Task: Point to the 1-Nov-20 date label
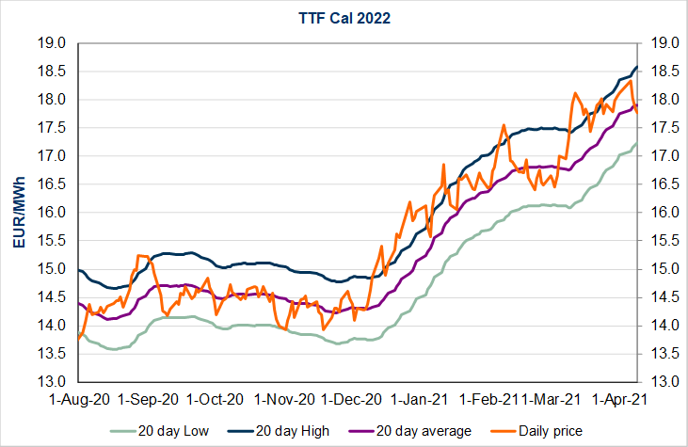coord(285,399)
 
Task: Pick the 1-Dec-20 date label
coord(353,399)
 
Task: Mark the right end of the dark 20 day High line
coord(637,67)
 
